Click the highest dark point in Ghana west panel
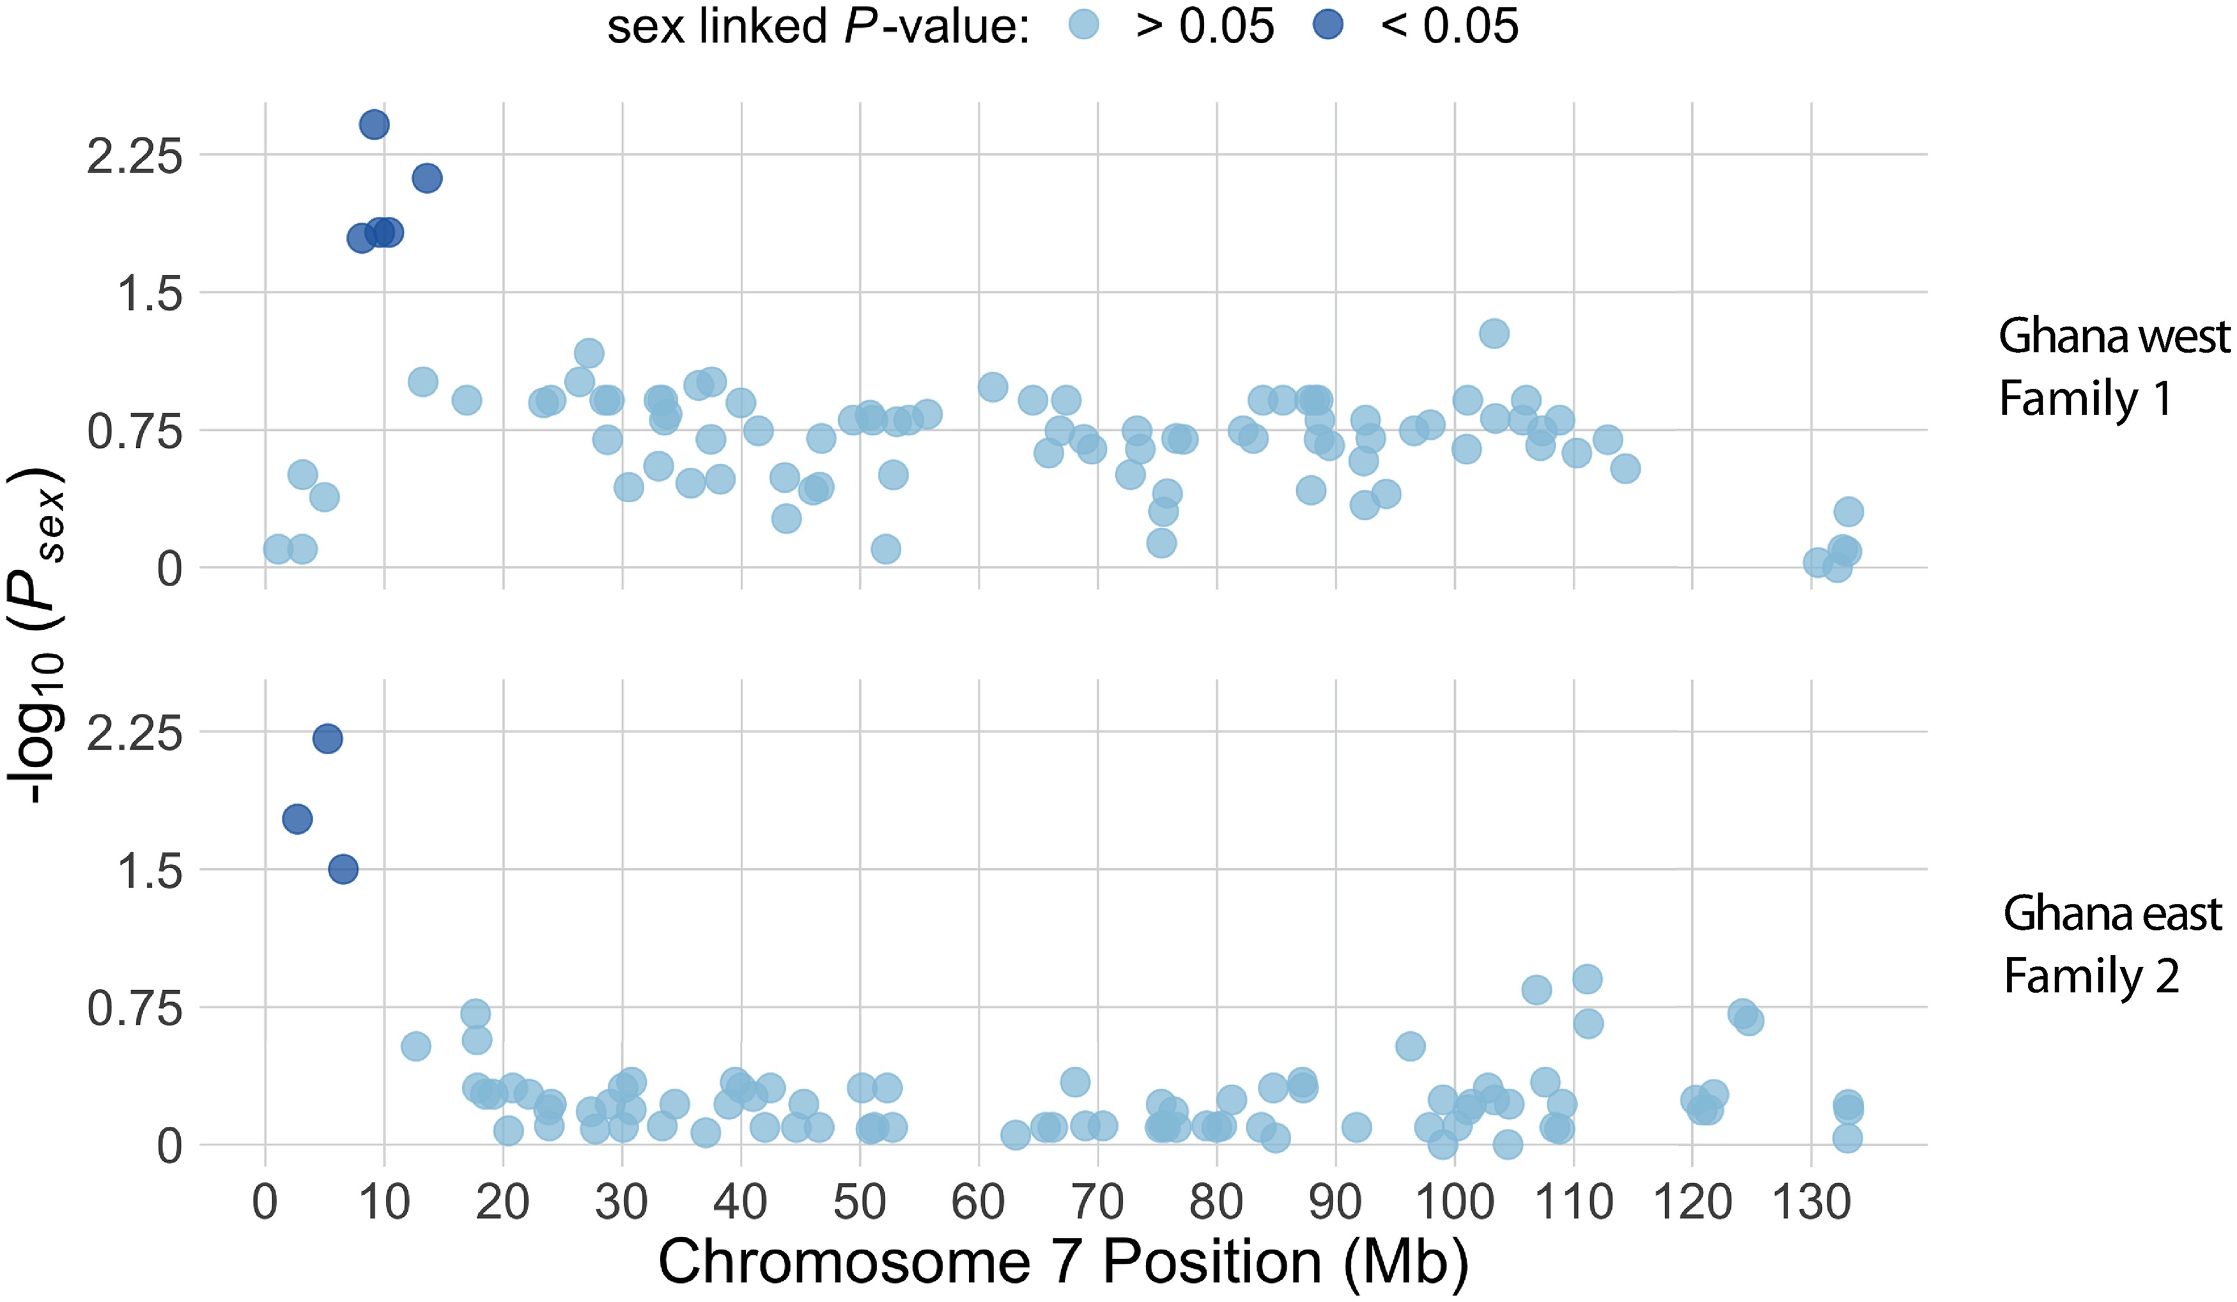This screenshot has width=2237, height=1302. [x=374, y=124]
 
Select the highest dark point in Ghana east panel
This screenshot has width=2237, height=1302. [x=327, y=738]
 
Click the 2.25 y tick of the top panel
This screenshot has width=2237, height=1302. [x=134, y=157]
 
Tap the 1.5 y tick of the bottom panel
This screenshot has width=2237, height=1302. [x=149, y=871]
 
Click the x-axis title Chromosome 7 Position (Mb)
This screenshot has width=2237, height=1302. [x=1064, y=1262]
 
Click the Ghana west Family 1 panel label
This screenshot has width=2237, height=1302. [x=2113, y=366]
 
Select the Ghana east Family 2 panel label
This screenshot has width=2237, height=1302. [x=2111, y=943]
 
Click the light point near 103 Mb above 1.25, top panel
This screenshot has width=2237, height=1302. [x=1494, y=334]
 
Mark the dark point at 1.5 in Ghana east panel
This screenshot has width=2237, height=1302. [x=343, y=869]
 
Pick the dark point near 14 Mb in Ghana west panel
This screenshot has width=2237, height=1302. [x=427, y=178]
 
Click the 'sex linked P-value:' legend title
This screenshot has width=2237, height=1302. [x=817, y=27]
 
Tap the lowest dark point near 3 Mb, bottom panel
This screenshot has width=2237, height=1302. [x=297, y=818]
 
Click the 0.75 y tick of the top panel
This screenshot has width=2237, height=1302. [x=134, y=432]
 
